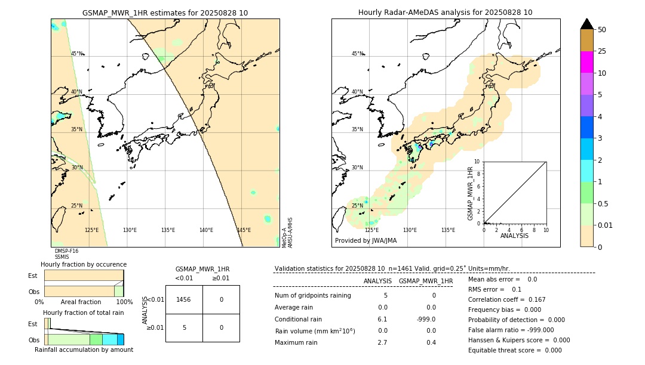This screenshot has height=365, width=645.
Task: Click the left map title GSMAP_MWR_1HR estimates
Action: click(165, 13)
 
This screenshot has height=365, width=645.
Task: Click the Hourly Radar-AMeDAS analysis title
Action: click(445, 13)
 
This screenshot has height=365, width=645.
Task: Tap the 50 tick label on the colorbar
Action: click(602, 30)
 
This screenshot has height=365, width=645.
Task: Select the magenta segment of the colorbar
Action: click(586, 62)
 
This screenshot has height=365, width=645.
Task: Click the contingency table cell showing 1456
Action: click(184, 299)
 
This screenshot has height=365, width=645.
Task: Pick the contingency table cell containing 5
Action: click(184, 327)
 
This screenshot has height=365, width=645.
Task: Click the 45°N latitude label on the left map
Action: click(77, 54)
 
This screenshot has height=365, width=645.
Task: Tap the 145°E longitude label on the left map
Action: click(244, 230)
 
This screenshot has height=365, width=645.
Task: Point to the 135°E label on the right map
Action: click(448, 230)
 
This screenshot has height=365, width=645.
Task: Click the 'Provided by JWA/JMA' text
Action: click(365, 241)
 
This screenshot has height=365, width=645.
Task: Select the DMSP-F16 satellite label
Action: click(66, 251)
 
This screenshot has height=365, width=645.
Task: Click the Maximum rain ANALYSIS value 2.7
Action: click(382, 342)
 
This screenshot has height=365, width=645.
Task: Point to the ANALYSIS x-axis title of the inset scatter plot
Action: click(514, 236)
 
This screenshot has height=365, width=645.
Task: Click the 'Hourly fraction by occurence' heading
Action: click(84, 264)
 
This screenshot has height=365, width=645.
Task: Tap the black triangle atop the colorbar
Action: click(586, 24)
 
